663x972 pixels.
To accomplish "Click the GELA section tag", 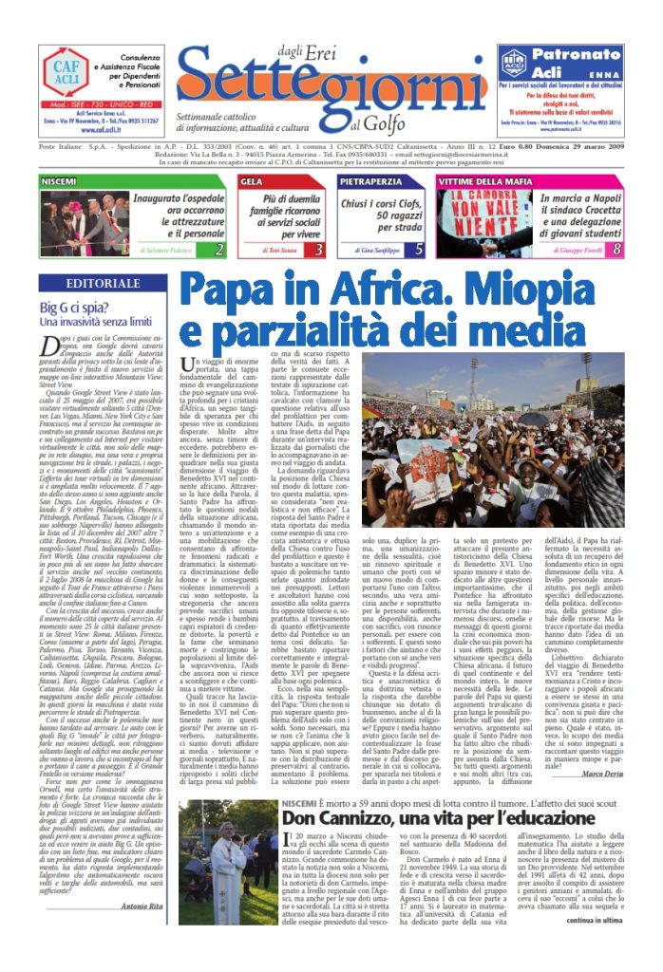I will [x=253, y=180].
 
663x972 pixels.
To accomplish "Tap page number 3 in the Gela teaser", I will [x=319, y=250].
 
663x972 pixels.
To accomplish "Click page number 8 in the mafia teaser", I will [x=616, y=250].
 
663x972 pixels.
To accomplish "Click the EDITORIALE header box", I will [x=103, y=284].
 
